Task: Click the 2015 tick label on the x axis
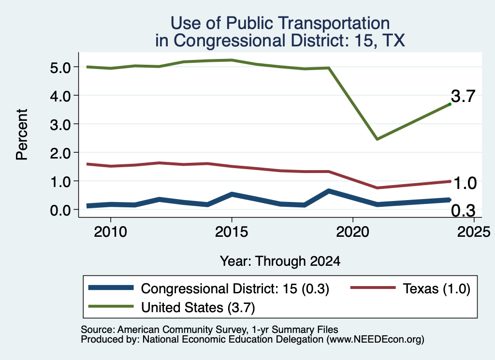click(232, 232)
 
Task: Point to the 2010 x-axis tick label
click(110, 232)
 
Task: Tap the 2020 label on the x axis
click(352, 232)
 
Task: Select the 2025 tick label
click(474, 232)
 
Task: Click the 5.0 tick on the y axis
click(60, 68)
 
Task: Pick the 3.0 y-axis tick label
click(60, 125)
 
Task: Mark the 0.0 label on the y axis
click(60, 210)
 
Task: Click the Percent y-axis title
click(22, 134)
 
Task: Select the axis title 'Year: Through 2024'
click(280, 261)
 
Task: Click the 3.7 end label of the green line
click(463, 96)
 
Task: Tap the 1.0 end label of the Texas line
click(465, 183)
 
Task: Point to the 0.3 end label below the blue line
click(463, 211)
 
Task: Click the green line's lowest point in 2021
click(377, 139)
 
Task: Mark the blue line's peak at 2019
click(329, 191)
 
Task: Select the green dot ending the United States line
click(450, 104)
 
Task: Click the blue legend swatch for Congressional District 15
click(111, 288)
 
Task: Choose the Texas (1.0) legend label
click(437, 288)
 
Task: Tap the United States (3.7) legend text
click(198, 307)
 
